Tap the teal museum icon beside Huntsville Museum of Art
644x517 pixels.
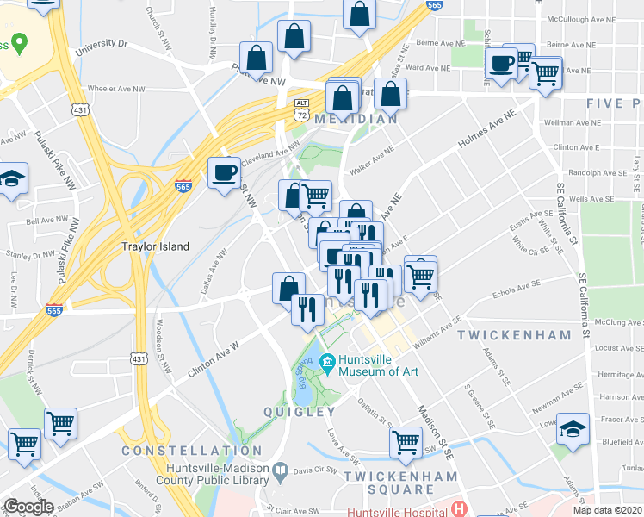click(x=327, y=361)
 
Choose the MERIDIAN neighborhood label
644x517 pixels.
click(x=356, y=119)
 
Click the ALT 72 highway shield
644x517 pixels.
click(x=300, y=109)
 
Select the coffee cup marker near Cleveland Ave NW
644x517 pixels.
click(x=225, y=172)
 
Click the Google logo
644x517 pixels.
click(x=28, y=507)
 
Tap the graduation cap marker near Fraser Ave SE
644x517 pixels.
click(x=573, y=428)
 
